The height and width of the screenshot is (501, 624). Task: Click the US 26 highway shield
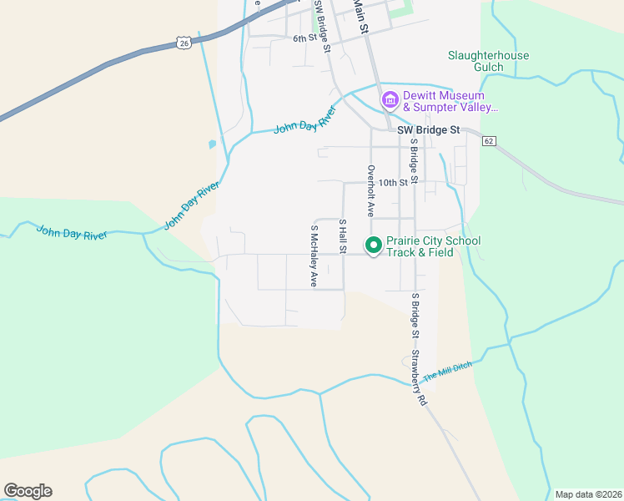tap(184, 41)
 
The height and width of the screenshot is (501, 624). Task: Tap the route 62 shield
tap(489, 141)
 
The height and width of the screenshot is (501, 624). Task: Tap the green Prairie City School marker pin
tap(373, 245)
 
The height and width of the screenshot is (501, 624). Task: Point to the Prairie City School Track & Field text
tap(433, 246)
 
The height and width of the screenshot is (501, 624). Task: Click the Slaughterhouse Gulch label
tap(488, 61)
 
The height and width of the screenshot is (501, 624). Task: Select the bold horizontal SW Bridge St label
tap(428, 130)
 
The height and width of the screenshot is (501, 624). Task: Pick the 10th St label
tap(396, 182)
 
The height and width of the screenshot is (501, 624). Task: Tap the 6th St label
tap(304, 38)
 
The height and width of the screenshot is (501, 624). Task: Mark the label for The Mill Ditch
tap(448, 372)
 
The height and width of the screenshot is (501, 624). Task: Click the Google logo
tap(28, 491)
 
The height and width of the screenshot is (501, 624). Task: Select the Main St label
tap(360, 15)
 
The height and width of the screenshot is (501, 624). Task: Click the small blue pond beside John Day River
tap(213, 144)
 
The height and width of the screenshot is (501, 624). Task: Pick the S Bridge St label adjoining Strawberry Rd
tap(413, 315)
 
